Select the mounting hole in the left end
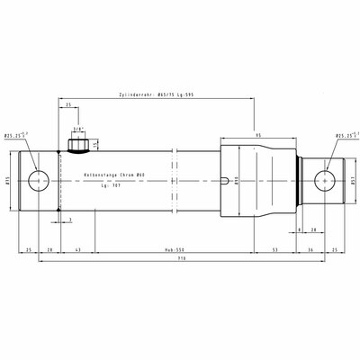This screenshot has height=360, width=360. click(39, 179)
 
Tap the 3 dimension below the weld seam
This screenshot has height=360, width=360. click(71, 219)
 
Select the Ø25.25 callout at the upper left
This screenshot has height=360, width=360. click(14, 136)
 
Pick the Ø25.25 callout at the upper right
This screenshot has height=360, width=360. click(346, 136)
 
